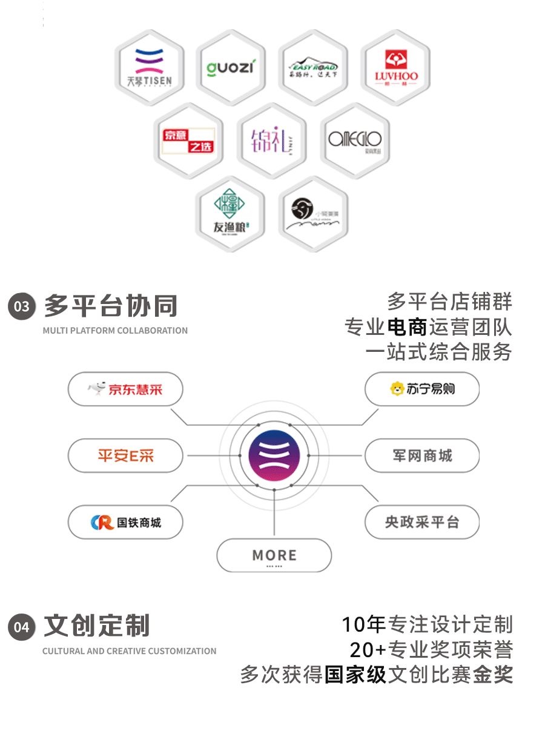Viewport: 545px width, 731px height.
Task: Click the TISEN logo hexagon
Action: (150, 67)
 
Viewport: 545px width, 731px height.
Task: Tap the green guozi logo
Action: (231, 67)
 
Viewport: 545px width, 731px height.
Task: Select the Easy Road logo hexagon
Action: (312, 67)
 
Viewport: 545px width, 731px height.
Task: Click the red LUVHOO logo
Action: (395, 67)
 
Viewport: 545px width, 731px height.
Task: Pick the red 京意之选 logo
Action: (188, 141)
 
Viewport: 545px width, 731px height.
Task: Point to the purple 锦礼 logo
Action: (271, 141)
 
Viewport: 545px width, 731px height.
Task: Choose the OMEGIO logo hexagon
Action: (355, 141)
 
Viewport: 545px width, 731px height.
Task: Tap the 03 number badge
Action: (22, 306)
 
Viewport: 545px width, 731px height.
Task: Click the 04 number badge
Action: (22, 627)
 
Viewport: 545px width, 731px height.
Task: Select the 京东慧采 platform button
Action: (125, 389)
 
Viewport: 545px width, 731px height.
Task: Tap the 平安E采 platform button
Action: (125, 455)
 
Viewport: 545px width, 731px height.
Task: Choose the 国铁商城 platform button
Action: (125, 522)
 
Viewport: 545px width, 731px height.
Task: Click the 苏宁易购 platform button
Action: (421, 389)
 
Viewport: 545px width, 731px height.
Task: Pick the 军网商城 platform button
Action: (421, 455)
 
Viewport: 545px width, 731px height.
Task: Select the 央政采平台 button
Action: (421, 522)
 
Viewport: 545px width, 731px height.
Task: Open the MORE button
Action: (274, 555)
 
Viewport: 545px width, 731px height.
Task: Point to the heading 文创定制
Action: (97, 626)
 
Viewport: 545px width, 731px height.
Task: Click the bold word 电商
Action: (406, 327)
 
